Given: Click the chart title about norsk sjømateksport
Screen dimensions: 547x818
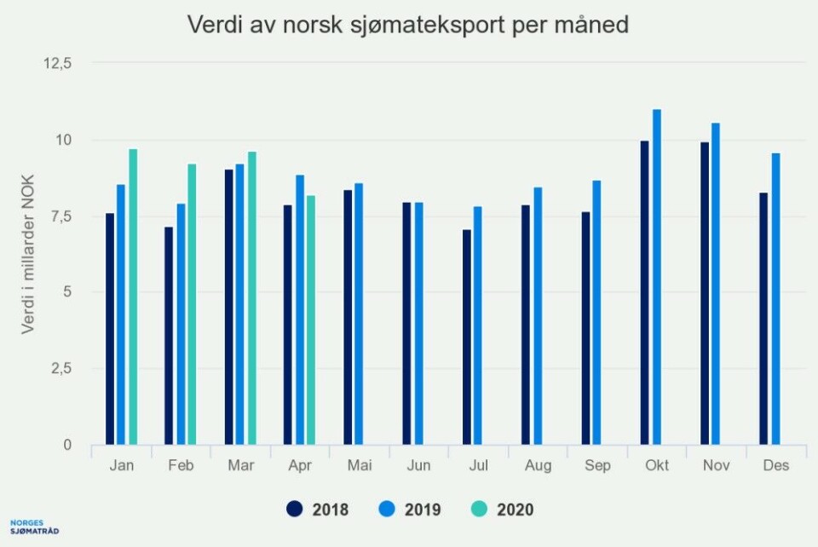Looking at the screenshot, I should (x=408, y=26).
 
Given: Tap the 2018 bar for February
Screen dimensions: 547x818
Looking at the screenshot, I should (x=169, y=336).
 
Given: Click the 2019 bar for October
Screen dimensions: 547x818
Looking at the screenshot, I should (x=657, y=277).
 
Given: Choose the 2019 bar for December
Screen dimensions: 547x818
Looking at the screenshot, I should (x=775, y=299).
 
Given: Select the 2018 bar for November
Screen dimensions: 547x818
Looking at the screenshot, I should (x=705, y=293).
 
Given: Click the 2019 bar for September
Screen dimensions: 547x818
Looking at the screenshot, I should (x=597, y=312).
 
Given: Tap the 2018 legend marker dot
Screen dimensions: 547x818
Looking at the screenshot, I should (x=295, y=510).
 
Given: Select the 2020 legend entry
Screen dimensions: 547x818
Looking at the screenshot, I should (x=504, y=510).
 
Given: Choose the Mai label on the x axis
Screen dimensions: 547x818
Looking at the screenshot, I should (x=360, y=466).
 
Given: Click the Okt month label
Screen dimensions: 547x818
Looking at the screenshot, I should (x=657, y=466).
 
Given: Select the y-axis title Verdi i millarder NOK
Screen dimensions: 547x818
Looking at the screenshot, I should (x=28, y=254).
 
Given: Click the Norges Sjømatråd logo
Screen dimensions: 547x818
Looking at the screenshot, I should (x=35, y=527).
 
